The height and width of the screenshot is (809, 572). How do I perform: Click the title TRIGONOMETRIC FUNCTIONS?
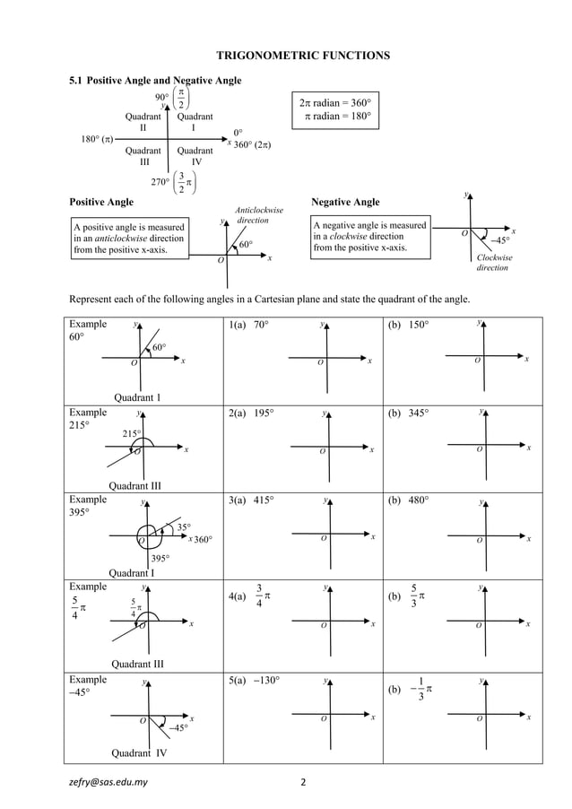click(303, 56)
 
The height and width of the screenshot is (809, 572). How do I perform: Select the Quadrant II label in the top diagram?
click(143, 122)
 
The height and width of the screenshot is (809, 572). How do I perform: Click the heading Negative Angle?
click(344, 202)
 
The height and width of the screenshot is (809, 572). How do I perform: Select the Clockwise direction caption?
click(493, 263)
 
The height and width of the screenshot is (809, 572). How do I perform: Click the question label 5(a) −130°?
click(255, 681)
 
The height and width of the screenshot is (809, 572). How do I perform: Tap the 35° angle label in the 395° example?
click(183, 526)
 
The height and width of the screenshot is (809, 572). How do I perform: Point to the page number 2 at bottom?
click(303, 781)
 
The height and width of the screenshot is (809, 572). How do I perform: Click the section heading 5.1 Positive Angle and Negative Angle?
click(156, 81)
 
